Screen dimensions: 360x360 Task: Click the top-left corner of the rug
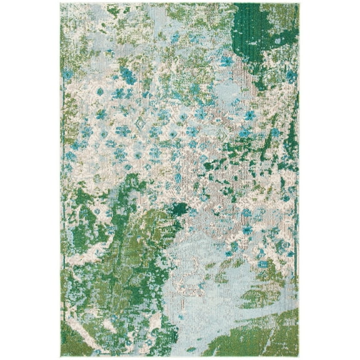pyautogui.click(x=61, y=4)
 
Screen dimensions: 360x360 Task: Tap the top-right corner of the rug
pyautogui.click(x=299, y=4)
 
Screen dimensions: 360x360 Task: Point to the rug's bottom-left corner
pyautogui.click(x=61, y=356)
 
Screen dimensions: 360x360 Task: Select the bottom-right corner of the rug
pyautogui.click(x=299, y=356)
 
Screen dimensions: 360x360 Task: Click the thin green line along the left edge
pyautogui.click(x=62, y=187)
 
